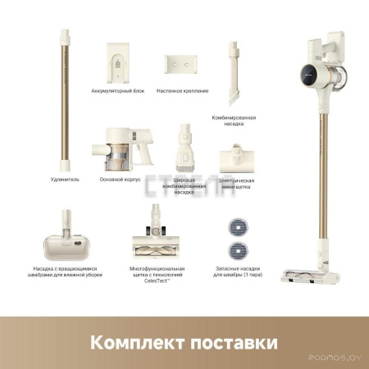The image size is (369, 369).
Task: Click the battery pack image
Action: tap(121, 64)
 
